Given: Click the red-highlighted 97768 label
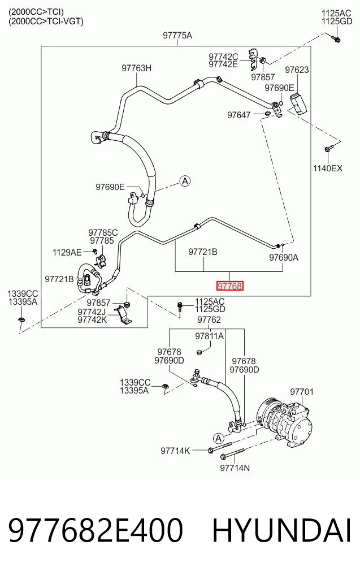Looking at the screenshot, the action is [x=229, y=286].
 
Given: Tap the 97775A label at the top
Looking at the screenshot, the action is [x=177, y=35].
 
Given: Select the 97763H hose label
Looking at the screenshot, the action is [x=137, y=68].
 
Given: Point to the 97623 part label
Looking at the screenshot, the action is [x=297, y=70].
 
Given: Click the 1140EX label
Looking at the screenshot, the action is [x=327, y=168].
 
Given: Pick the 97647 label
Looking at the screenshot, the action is [x=239, y=115].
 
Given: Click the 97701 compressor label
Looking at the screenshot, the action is [x=302, y=392].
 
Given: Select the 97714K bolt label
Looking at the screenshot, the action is [x=175, y=451].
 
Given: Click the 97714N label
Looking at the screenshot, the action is [x=235, y=468].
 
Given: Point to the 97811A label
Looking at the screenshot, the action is [x=209, y=336].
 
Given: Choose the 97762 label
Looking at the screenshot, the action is [x=209, y=320].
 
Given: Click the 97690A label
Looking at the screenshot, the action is [x=284, y=257].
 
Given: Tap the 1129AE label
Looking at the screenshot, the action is [x=67, y=252].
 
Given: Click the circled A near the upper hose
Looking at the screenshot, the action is [x=185, y=181].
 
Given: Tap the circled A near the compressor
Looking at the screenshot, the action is [x=219, y=438].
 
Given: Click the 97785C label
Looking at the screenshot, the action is [x=103, y=232].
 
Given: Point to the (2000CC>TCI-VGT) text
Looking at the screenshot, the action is [x=46, y=21].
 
